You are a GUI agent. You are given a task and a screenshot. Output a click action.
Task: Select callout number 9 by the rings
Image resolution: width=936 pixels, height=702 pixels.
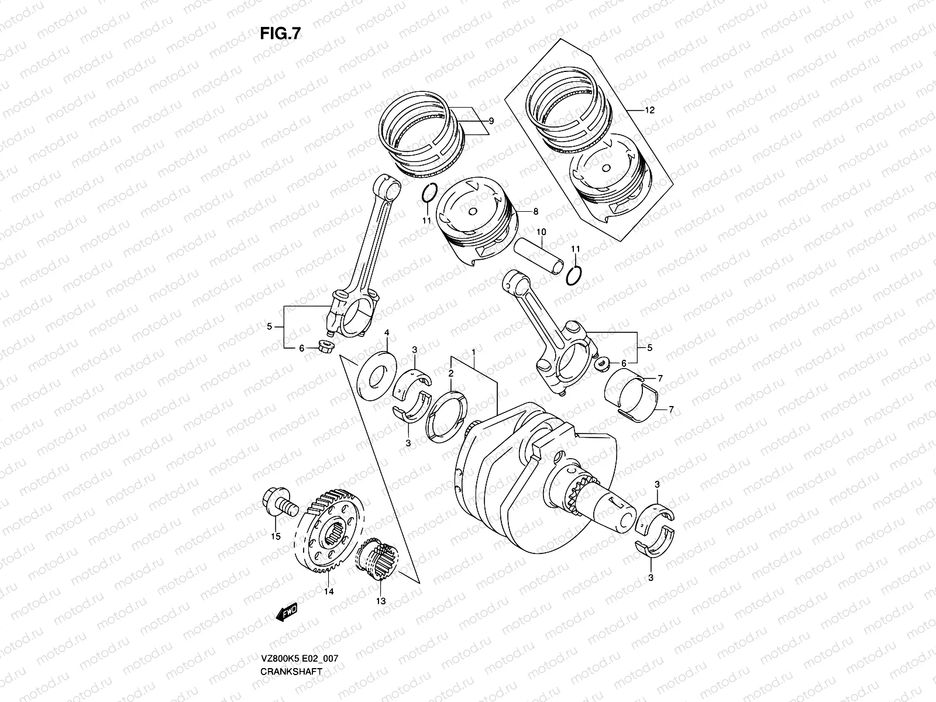pyautogui.click(x=491, y=121)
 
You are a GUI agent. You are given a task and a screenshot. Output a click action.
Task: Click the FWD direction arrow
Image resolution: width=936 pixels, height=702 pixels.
pyautogui.click(x=287, y=612)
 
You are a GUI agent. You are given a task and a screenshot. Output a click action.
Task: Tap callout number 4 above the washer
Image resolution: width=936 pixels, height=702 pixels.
pyautogui.click(x=386, y=333)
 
